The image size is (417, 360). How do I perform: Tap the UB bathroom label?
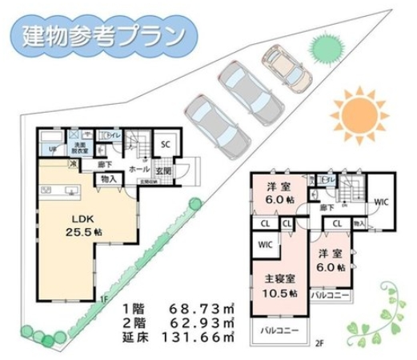tap(53, 149)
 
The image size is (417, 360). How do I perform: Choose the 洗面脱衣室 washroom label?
tap(79, 147)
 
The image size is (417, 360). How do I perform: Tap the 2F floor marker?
tap(319, 345)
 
